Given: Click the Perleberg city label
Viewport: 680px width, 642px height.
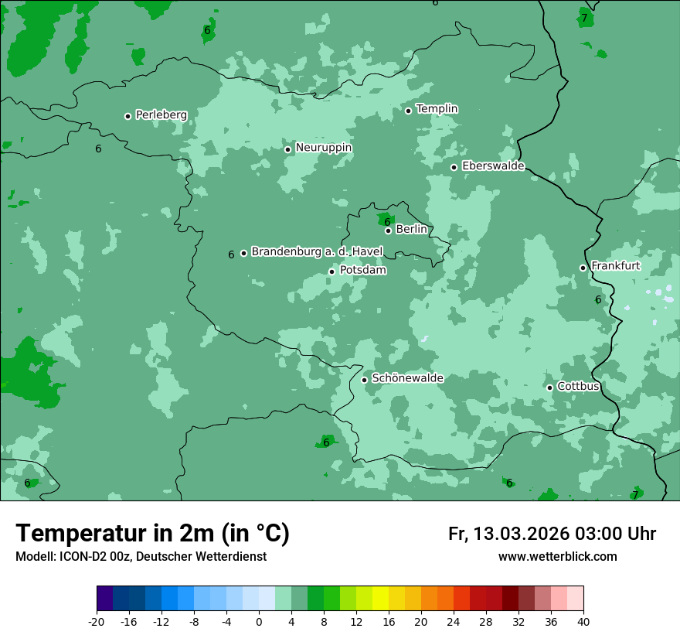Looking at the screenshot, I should coord(161,115).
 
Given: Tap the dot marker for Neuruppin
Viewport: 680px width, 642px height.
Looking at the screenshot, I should coord(287,149).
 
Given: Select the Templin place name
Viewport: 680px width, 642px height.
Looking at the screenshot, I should coord(437,109).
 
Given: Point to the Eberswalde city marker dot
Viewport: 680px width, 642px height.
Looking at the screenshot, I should coord(454,167).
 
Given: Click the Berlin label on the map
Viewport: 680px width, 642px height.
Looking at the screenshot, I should coord(411,230).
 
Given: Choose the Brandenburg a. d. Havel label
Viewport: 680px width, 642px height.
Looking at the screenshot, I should coord(317,252).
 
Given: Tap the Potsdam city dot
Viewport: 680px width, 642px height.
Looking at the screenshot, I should coord(331,271).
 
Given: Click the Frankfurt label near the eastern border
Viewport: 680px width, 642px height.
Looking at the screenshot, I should coord(615,266).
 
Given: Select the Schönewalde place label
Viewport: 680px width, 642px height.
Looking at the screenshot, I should coord(407,378).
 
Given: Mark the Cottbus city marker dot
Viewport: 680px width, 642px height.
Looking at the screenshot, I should coord(549,388).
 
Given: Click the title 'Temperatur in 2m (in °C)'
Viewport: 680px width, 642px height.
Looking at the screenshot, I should coord(152,534).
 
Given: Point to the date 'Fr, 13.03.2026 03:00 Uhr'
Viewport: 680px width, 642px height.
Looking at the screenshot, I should coord(552,534).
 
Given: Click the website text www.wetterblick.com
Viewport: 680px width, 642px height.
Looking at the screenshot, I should coord(557,557).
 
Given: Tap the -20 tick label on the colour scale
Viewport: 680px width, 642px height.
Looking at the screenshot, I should coord(97,622).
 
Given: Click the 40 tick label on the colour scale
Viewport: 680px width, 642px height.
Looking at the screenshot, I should coord(583,622).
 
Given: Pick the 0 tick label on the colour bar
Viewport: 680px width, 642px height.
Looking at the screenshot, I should coord(259,622).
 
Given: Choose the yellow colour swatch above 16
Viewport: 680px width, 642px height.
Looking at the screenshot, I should coord(380,599).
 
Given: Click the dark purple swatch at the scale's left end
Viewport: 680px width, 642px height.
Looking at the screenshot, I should coord(104,599).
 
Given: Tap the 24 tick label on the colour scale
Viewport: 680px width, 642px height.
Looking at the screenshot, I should coord(454,622).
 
